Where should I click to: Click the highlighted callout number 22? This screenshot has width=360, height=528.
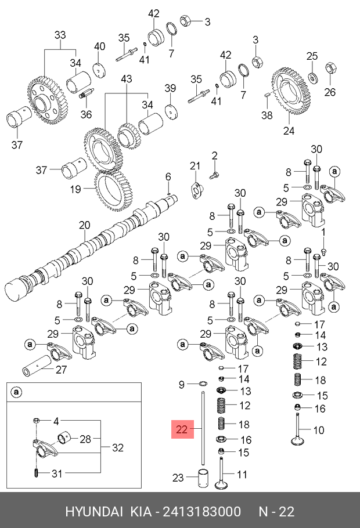click(181, 430)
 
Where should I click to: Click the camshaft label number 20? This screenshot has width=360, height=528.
click(85, 225)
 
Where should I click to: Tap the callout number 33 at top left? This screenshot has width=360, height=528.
click(60, 35)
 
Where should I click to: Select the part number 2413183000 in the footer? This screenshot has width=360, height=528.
click(203, 512)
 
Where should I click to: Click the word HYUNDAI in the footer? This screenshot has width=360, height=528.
click(93, 512)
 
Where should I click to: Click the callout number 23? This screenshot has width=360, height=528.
click(178, 478)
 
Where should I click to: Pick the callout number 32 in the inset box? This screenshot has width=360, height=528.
click(118, 447)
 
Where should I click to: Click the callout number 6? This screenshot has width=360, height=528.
click(168, 176)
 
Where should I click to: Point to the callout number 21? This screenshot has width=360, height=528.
click(195, 167)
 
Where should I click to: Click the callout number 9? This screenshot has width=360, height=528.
click(181, 384)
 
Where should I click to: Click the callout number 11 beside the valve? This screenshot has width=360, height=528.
click(242, 475)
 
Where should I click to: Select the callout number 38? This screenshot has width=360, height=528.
click(267, 115)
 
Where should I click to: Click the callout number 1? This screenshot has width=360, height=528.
click(325, 232)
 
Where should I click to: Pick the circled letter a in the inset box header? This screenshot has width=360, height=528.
click(16, 393)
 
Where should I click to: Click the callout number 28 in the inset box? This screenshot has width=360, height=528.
click(85, 439)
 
